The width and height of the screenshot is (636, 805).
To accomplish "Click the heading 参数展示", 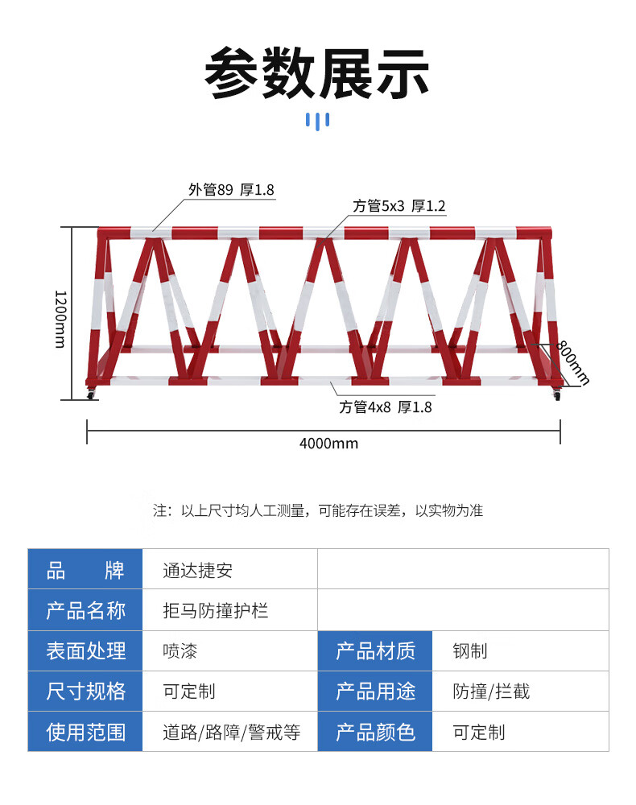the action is coord(316,73).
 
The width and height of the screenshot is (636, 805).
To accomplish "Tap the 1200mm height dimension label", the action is coord(60,320).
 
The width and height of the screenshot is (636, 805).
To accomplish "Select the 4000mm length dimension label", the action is coord(328,443).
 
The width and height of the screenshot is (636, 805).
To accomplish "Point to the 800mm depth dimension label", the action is coord(573,362).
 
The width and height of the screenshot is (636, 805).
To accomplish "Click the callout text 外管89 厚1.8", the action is coord(231,190).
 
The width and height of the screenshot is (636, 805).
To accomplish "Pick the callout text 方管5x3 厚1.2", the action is coord(399,206).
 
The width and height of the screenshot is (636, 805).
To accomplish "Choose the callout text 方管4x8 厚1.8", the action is coord(385,407).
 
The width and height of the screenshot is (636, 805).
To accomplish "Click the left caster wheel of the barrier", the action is coord(91,394).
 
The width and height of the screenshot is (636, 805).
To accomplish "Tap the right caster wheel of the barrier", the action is coord(557,395).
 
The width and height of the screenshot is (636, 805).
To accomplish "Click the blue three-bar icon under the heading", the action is coord(318,122).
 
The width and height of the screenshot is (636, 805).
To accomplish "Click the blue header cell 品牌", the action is coord(85,569).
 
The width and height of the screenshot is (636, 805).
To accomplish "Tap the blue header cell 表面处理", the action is coord(85,651).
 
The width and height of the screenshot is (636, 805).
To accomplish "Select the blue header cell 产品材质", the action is coord(375,651).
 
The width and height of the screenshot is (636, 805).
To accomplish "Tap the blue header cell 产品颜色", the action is coord(375,732).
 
